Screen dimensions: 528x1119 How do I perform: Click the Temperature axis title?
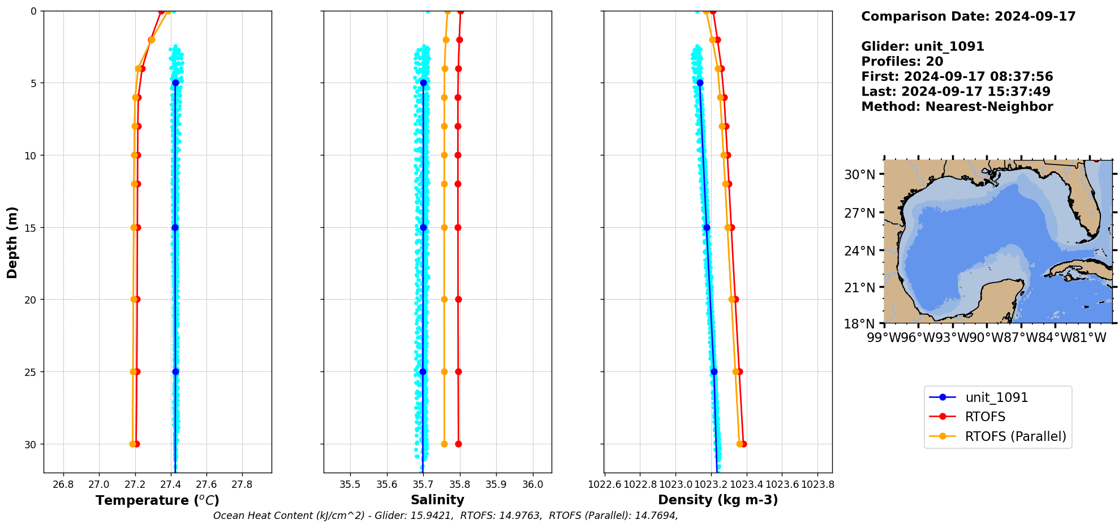pos(157,500)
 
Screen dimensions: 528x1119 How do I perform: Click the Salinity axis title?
pos(437,500)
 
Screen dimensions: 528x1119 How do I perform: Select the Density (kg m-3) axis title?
pos(718,500)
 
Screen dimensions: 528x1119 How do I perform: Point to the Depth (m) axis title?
pos(12,242)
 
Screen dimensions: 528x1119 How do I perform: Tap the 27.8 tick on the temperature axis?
pos(242,484)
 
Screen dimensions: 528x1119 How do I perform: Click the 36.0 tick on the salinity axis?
pos(533,484)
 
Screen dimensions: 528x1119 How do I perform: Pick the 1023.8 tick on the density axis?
pos(818,484)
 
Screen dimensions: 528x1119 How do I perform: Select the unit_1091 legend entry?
pos(996,397)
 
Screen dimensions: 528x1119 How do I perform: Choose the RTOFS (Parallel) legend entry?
pos(1015,436)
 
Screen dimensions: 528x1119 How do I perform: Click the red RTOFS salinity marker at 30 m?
pos(458,444)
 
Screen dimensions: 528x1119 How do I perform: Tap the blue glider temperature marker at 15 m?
pos(175,228)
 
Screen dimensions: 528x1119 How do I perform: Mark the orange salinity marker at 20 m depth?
pos(444,300)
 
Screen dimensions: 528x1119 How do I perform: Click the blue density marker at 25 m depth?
pos(714,371)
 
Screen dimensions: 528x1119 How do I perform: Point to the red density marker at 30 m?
pos(743,444)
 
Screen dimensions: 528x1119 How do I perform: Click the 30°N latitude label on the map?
pos(859,175)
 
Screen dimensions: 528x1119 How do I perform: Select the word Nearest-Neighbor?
pos(989,107)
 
